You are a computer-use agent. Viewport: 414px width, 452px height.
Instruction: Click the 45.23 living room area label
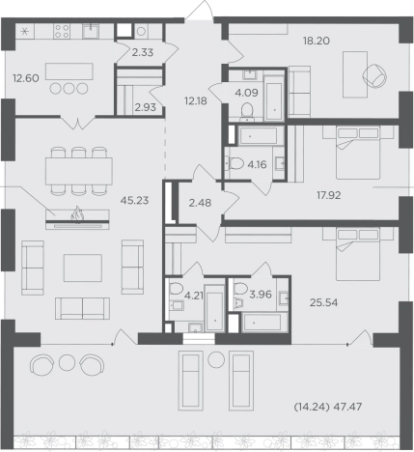click(x=134, y=201)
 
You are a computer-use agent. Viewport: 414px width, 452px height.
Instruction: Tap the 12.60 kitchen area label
click(x=26, y=78)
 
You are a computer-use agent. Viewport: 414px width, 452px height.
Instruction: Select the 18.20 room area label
click(x=317, y=41)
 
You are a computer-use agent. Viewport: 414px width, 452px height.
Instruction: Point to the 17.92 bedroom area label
click(x=329, y=195)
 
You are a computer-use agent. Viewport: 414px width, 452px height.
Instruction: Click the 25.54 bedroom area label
click(x=323, y=302)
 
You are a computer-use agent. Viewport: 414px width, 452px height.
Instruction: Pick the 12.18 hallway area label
click(x=196, y=101)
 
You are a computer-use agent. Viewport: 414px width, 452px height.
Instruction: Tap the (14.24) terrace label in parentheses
click(x=312, y=407)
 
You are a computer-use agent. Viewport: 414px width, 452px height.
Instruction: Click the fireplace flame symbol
click(x=77, y=214)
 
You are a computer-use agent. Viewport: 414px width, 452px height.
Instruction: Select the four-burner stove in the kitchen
click(x=62, y=31)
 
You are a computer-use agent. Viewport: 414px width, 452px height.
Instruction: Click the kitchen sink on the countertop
click(x=91, y=31)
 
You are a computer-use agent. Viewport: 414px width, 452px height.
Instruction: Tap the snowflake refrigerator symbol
click(x=25, y=32)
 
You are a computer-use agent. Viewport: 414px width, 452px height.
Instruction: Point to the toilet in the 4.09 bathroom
click(x=247, y=111)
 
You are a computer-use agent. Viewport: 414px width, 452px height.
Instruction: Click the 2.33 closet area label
click(x=143, y=52)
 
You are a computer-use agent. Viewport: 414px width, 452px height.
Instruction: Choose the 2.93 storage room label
click(x=146, y=107)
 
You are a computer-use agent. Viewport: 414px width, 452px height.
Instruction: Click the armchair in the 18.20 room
click(x=374, y=75)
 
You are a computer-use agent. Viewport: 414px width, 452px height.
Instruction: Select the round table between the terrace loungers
click(x=216, y=360)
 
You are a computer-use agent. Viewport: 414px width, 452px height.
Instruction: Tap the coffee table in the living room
click(x=83, y=268)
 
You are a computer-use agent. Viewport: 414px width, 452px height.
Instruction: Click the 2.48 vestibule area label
click(x=200, y=203)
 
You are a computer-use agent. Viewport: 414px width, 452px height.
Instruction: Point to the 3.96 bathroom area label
click(x=261, y=295)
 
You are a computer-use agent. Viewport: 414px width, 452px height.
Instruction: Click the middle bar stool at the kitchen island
click(x=69, y=89)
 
